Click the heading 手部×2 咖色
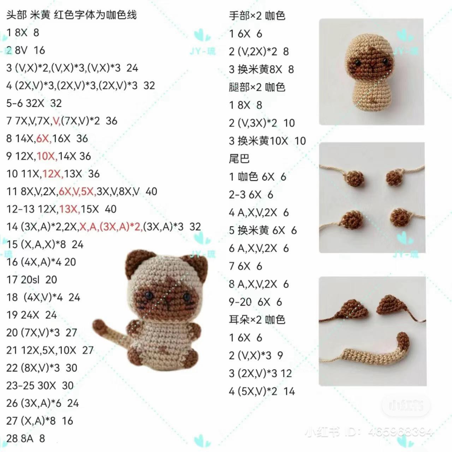point(257,16)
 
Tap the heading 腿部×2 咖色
point(257,87)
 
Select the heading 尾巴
point(239,159)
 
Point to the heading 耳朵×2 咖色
point(257,320)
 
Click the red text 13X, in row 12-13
point(70,209)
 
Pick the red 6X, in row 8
point(44,138)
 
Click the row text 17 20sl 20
point(32,280)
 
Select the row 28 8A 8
point(25,438)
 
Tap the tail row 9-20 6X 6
point(255,302)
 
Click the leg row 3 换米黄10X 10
point(267,141)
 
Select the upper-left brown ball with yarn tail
point(355,178)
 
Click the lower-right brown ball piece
point(400,218)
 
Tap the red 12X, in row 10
point(53,174)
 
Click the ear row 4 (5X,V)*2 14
point(262,391)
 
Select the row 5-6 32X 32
point(34,103)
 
